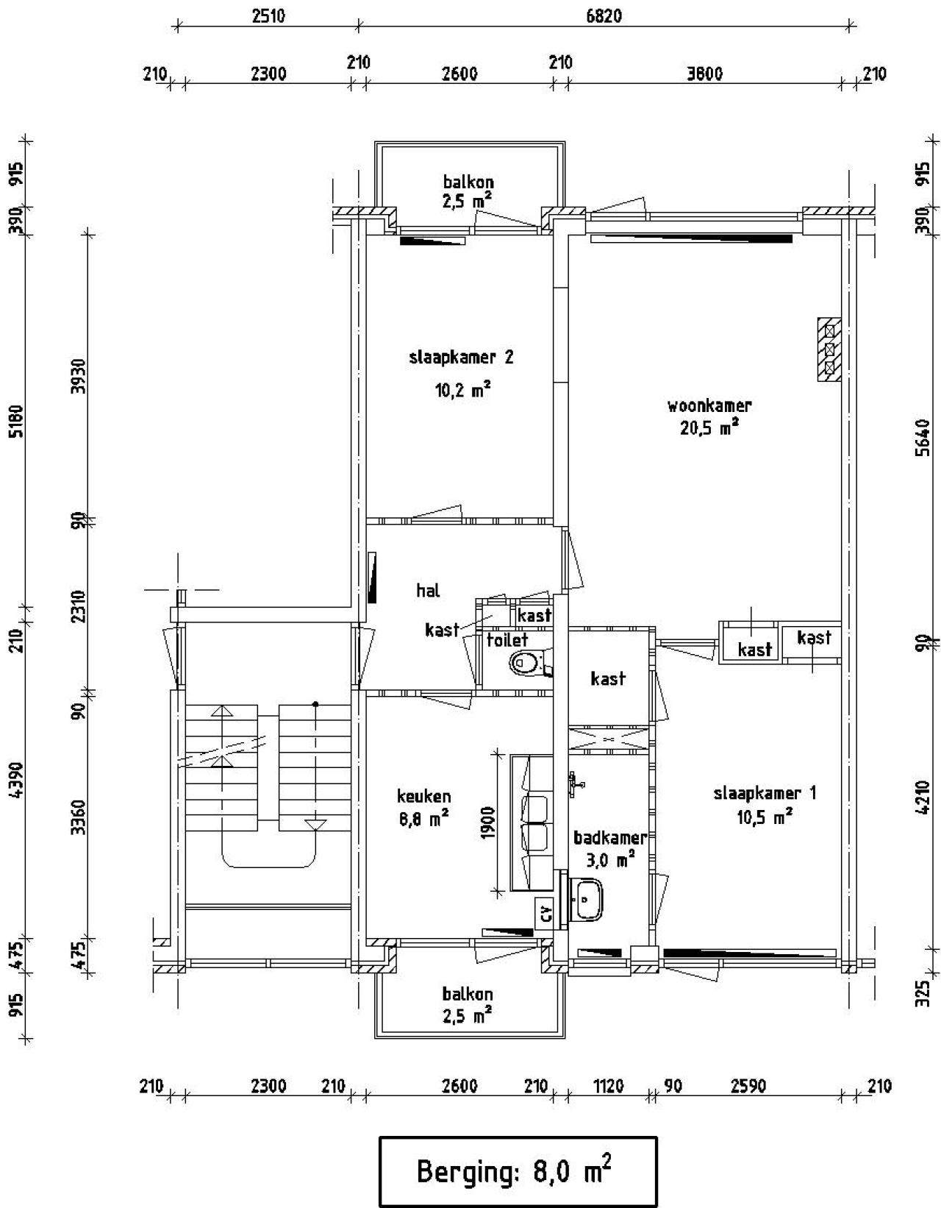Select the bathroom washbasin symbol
click(x=587, y=900)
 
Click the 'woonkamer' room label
click(x=709, y=405)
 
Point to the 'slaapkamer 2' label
click(x=461, y=357)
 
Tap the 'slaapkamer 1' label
click(x=765, y=793)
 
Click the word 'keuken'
click(x=423, y=796)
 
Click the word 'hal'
click(x=428, y=590)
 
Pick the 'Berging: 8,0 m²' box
click(x=518, y=1172)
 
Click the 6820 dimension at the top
click(x=604, y=16)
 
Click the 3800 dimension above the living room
click(x=704, y=74)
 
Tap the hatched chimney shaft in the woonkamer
click(x=829, y=349)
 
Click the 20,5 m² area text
click(x=709, y=427)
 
